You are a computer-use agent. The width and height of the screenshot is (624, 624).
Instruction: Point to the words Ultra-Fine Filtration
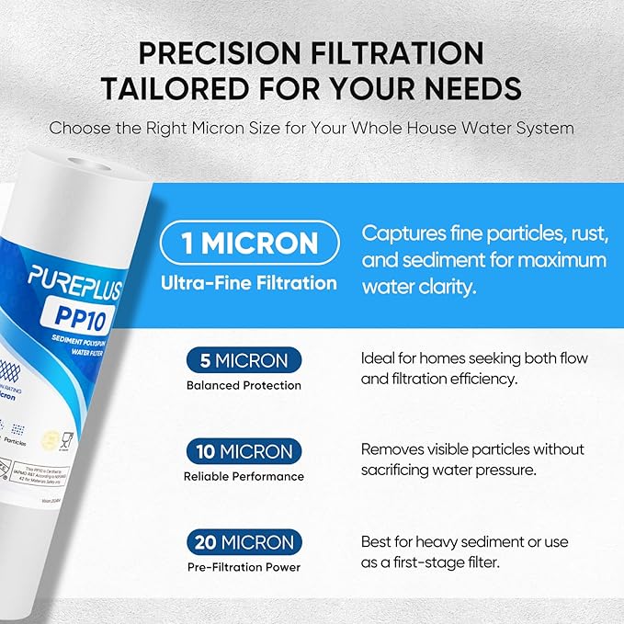(249, 284)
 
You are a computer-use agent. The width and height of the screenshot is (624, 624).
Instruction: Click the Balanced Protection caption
(244, 386)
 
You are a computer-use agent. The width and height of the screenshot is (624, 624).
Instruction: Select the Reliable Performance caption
(244, 477)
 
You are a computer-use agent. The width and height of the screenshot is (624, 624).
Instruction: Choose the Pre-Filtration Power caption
(244, 568)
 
